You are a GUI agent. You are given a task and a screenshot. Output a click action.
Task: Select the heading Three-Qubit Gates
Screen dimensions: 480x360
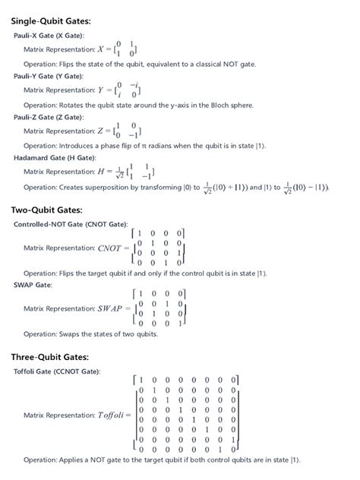pos(49,356)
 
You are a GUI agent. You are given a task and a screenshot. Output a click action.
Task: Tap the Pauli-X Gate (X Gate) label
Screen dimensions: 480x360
pos(49,36)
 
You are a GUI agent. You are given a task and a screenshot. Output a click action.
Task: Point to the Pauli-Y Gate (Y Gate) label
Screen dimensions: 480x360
pos(49,77)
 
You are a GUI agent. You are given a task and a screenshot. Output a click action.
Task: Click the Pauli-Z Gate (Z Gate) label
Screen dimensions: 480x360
pos(49,118)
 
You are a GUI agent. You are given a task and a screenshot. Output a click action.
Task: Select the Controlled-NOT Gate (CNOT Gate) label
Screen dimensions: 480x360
pos(71,225)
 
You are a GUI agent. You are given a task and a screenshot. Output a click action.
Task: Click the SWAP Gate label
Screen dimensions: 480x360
pos(33,285)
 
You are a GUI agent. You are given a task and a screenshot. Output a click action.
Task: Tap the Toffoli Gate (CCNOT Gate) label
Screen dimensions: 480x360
pos(57,371)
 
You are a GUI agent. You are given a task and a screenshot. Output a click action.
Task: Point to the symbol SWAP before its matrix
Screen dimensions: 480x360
pos(112,308)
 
